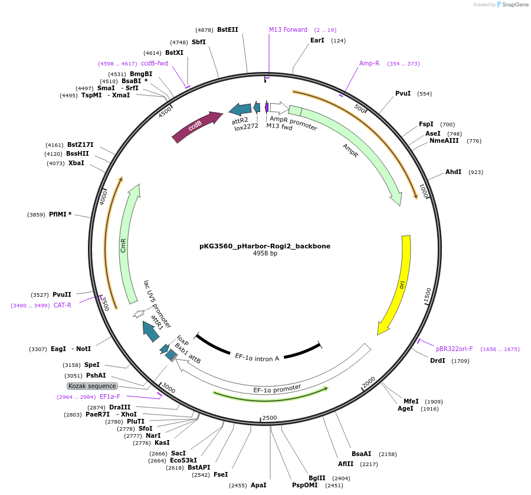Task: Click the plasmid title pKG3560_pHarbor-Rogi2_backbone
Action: (265, 246)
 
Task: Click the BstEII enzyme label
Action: (228, 29)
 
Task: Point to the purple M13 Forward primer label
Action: (288, 29)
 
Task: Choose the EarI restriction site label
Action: (317, 41)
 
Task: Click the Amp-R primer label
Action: (369, 64)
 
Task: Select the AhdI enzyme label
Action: (453, 172)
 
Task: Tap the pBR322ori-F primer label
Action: (454, 349)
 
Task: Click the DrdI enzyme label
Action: (438, 360)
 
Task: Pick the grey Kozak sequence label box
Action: (93, 386)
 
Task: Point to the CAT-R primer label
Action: (63, 306)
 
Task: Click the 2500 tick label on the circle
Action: (269, 418)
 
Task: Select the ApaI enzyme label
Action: (258, 485)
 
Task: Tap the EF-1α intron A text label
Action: (257, 358)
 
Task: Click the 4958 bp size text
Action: (265, 254)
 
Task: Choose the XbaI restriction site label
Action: (76, 163)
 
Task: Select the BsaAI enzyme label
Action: (362, 454)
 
